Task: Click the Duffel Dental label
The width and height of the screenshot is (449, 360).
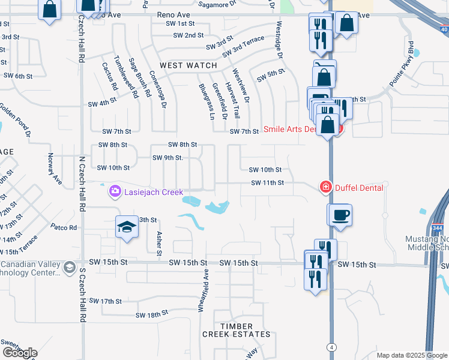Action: (358, 188)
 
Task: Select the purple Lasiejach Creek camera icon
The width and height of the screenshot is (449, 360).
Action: (114, 192)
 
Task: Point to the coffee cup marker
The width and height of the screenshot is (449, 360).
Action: (340, 215)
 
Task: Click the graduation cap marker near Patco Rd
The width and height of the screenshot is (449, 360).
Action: (127, 227)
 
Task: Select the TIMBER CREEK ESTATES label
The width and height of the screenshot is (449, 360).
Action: (236, 334)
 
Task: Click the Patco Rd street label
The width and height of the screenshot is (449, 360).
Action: (64, 227)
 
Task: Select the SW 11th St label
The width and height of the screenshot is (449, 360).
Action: (267, 182)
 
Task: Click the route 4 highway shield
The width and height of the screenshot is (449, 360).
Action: (331, 347)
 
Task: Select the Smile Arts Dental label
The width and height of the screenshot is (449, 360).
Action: (298, 129)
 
